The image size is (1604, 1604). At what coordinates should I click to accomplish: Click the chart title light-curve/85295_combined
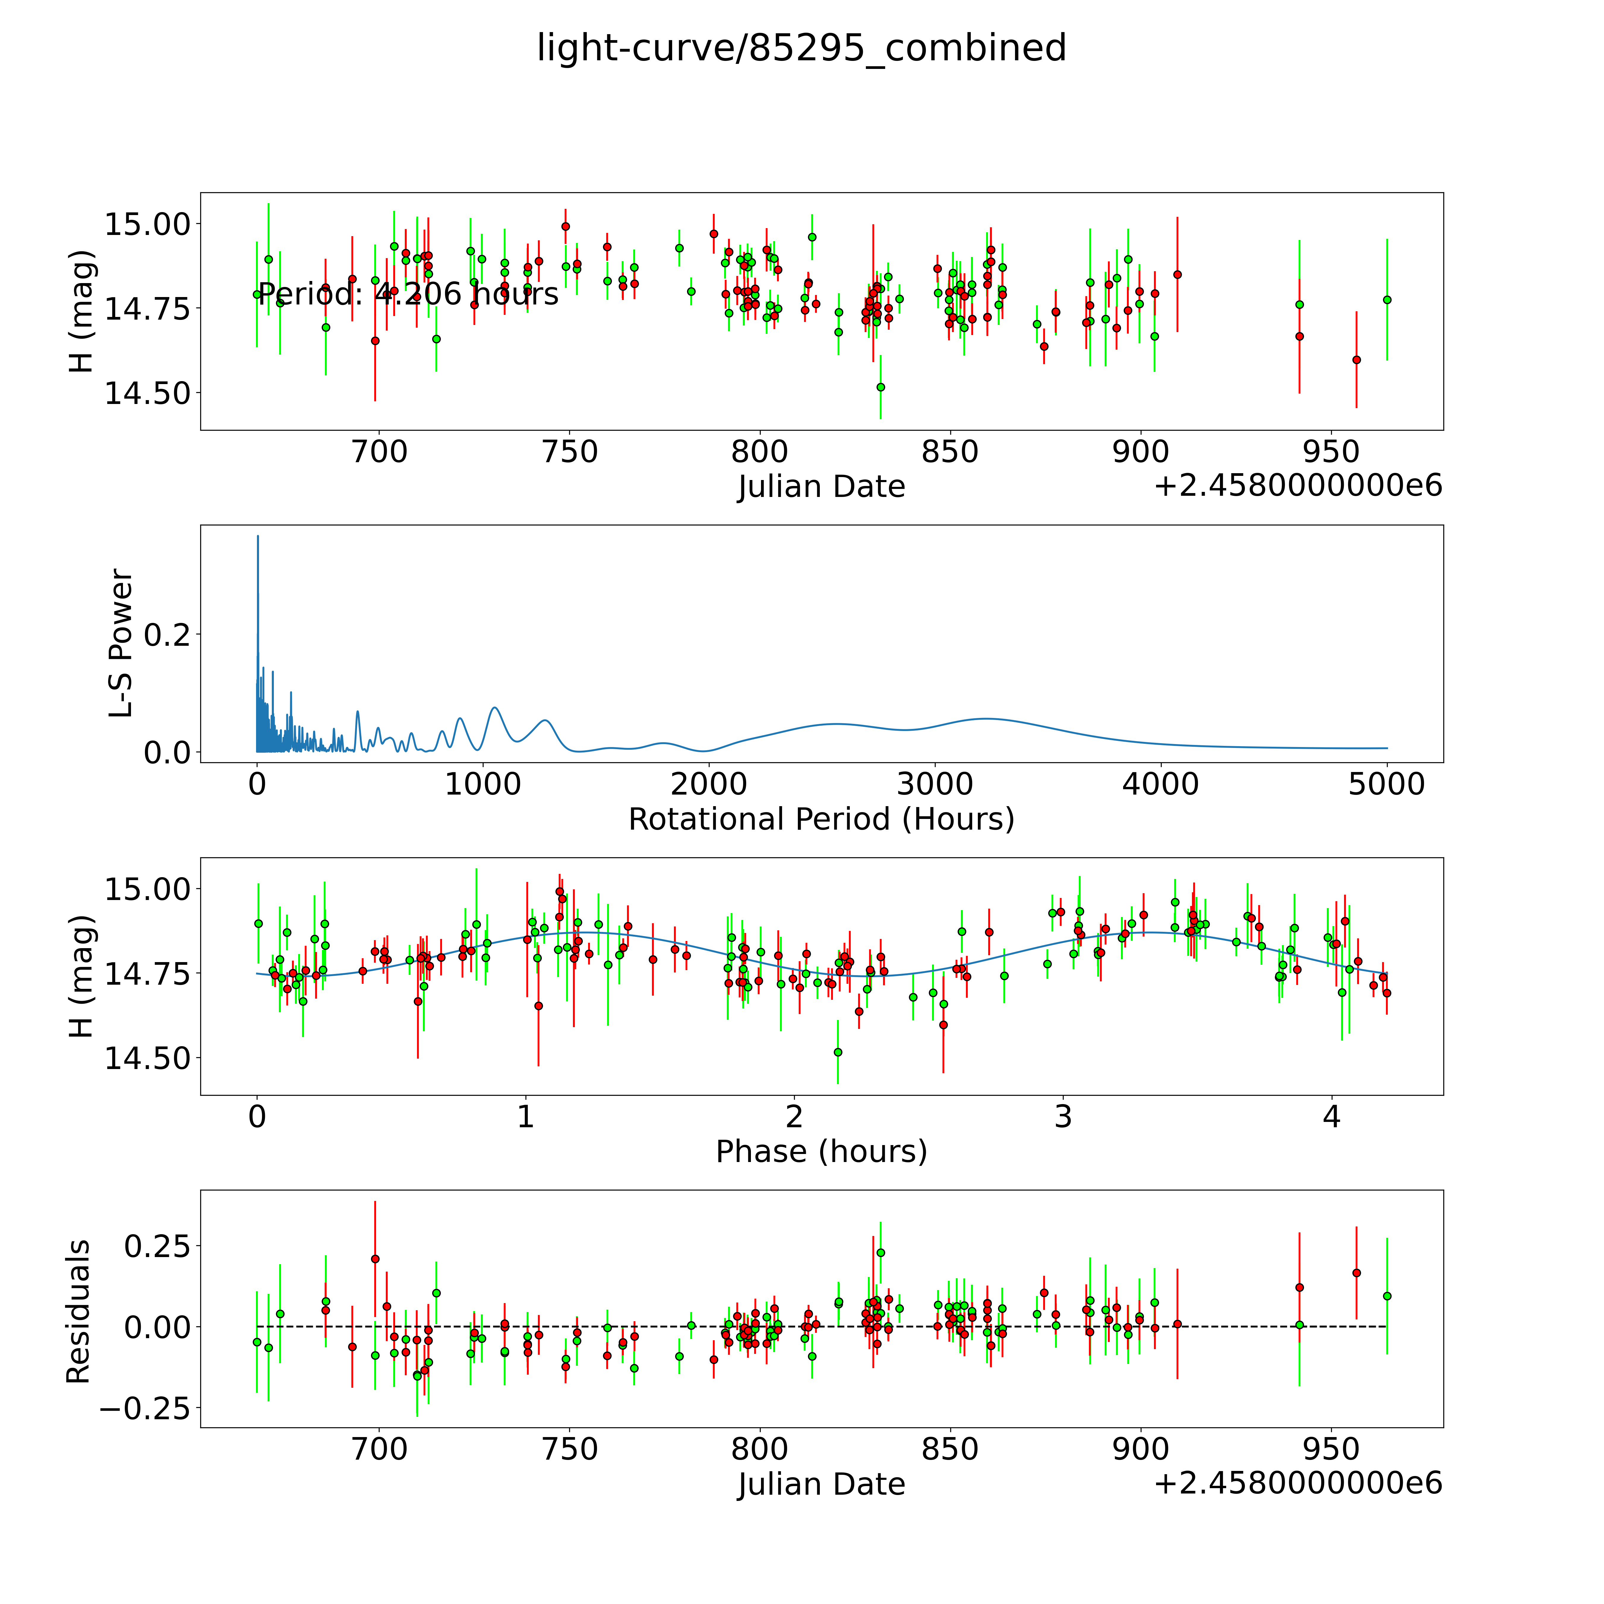801,48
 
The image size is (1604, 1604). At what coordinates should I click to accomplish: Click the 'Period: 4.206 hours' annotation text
408,294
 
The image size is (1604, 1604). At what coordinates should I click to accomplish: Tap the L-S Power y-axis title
121,643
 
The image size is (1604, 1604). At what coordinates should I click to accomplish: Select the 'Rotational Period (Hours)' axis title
821,820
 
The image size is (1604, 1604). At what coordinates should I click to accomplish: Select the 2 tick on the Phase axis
795,1117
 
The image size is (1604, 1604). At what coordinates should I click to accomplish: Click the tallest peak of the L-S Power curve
257,536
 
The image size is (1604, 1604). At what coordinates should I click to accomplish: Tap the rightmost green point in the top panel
1387,300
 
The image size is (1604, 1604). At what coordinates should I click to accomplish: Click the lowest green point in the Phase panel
838,1052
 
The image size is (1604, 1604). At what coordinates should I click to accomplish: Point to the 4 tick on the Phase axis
1332,1117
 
